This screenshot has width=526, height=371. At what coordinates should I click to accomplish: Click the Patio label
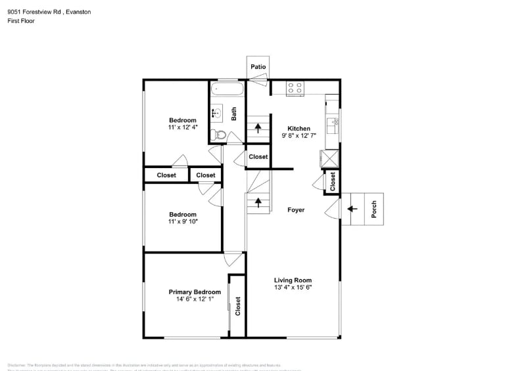tap(258, 67)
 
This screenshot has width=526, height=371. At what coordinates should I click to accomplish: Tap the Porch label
tap(374, 209)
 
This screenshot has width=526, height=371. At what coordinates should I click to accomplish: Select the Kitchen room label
tap(299, 129)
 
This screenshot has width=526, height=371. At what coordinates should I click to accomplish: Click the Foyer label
tap(296, 210)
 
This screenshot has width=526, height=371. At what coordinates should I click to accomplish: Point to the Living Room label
tap(293, 280)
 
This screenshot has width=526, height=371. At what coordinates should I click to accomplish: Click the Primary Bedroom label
tap(195, 292)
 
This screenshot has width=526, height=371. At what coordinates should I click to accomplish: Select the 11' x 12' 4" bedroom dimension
tap(183, 128)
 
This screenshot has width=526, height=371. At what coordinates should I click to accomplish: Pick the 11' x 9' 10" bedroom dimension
tap(183, 222)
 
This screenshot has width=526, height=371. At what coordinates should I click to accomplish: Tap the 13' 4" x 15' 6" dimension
tap(293, 288)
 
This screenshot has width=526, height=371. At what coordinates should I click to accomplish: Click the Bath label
tap(233, 114)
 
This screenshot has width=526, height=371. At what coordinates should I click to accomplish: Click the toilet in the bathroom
tap(220, 136)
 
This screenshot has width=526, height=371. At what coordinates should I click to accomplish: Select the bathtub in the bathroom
tap(227, 89)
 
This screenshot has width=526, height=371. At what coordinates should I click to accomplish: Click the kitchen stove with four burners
tap(295, 87)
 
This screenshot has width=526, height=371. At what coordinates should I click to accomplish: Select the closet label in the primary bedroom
tap(238, 305)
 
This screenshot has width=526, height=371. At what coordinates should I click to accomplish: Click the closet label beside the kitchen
tap(333, 181)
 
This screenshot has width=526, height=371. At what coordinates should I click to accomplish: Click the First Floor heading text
tap(21, 21)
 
